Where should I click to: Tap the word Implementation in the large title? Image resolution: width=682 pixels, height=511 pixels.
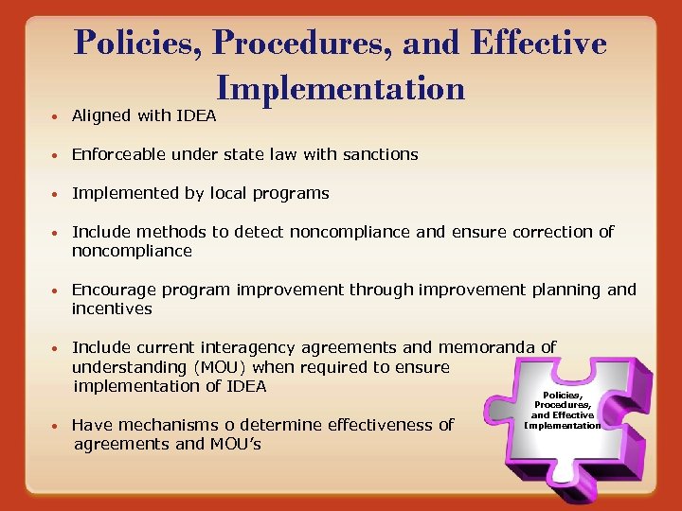(x=341, y=88)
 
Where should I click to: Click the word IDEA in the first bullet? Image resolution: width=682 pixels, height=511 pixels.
(x=196, y=115)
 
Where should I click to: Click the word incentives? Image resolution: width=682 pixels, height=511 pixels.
(x=112, y=308)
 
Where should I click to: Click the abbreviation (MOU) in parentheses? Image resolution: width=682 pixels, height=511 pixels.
(x=222, y=367)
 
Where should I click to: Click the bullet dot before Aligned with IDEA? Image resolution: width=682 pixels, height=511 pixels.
(x=58, y=116)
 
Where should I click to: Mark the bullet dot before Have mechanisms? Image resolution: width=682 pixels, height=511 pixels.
(x=58, y=426)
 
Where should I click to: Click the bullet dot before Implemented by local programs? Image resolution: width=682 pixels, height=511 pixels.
(x=58, y=194)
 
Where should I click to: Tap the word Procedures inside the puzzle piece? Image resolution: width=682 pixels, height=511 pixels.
(x=563, y=405)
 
